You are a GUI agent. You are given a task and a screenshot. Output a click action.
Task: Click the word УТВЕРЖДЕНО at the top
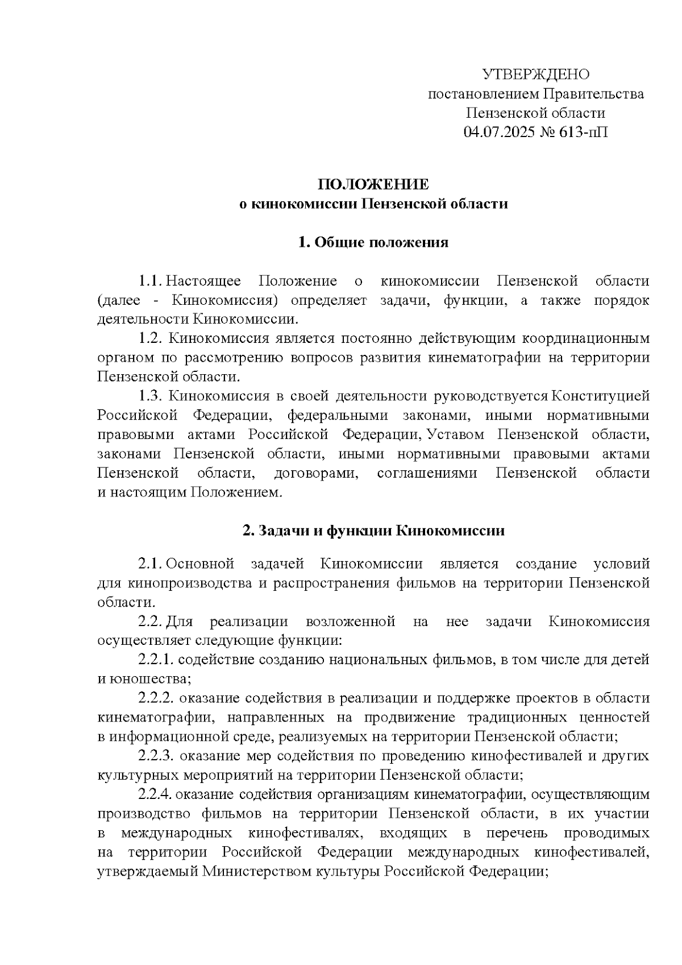535,74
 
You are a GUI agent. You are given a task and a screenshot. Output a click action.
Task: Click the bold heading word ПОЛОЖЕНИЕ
373,185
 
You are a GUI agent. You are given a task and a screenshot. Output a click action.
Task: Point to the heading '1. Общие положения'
373,243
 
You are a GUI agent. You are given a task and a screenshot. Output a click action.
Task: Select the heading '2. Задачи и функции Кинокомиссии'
373,531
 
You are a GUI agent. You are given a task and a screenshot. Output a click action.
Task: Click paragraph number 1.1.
151,281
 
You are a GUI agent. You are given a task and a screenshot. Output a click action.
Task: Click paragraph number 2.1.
151,564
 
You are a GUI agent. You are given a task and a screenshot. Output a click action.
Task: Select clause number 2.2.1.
156,660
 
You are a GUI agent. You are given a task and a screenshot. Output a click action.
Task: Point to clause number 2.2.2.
156,698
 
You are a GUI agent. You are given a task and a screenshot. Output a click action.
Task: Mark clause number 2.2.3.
156,756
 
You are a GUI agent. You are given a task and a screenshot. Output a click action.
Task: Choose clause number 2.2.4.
156,794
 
